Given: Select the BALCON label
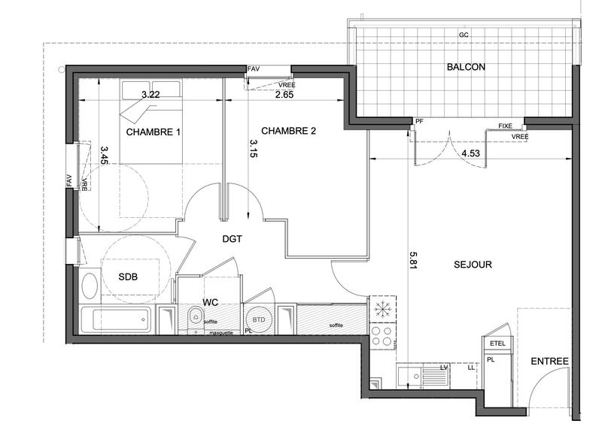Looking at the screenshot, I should [x=466, y=67].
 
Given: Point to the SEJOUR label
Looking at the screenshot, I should [x=473, y=265].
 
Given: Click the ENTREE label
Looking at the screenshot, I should [x=549, y=362].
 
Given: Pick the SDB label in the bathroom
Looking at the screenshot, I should [x=128, y=276].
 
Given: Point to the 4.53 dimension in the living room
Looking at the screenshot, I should [x=471, y=153].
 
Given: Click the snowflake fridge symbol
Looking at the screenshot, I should [x=382, y=309].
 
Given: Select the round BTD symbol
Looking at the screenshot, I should [x=258, y=320].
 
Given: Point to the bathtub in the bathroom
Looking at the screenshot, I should [x=120, y=321].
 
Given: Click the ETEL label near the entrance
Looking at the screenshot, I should [x=497, y=344].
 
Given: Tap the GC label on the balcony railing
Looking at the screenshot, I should [x=466, y=35].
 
